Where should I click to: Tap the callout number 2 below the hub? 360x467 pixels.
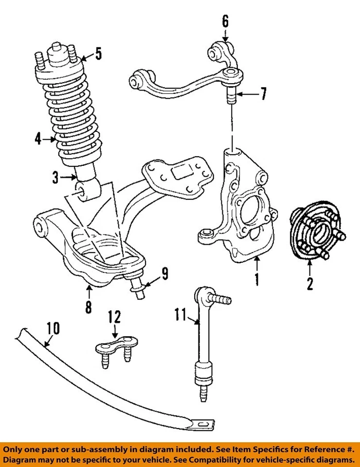(309, 283)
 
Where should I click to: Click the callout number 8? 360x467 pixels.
(88, 307)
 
